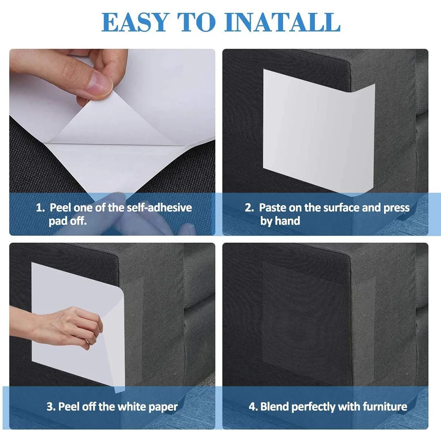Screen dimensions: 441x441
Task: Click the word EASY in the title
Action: (135, 22)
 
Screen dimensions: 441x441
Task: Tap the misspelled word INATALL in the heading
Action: (283, 22)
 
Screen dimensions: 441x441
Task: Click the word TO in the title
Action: (197, 22)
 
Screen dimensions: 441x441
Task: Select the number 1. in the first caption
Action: (40, 208)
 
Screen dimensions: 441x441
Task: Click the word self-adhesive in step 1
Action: (159, 208)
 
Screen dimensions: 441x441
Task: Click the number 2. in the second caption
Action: (249, 208)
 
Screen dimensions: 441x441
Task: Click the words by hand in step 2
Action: (280, 221)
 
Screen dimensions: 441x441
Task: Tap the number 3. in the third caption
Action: (51, 407)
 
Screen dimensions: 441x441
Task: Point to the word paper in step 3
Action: (163, 407)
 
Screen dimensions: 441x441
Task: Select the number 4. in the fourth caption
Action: (253, 407)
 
